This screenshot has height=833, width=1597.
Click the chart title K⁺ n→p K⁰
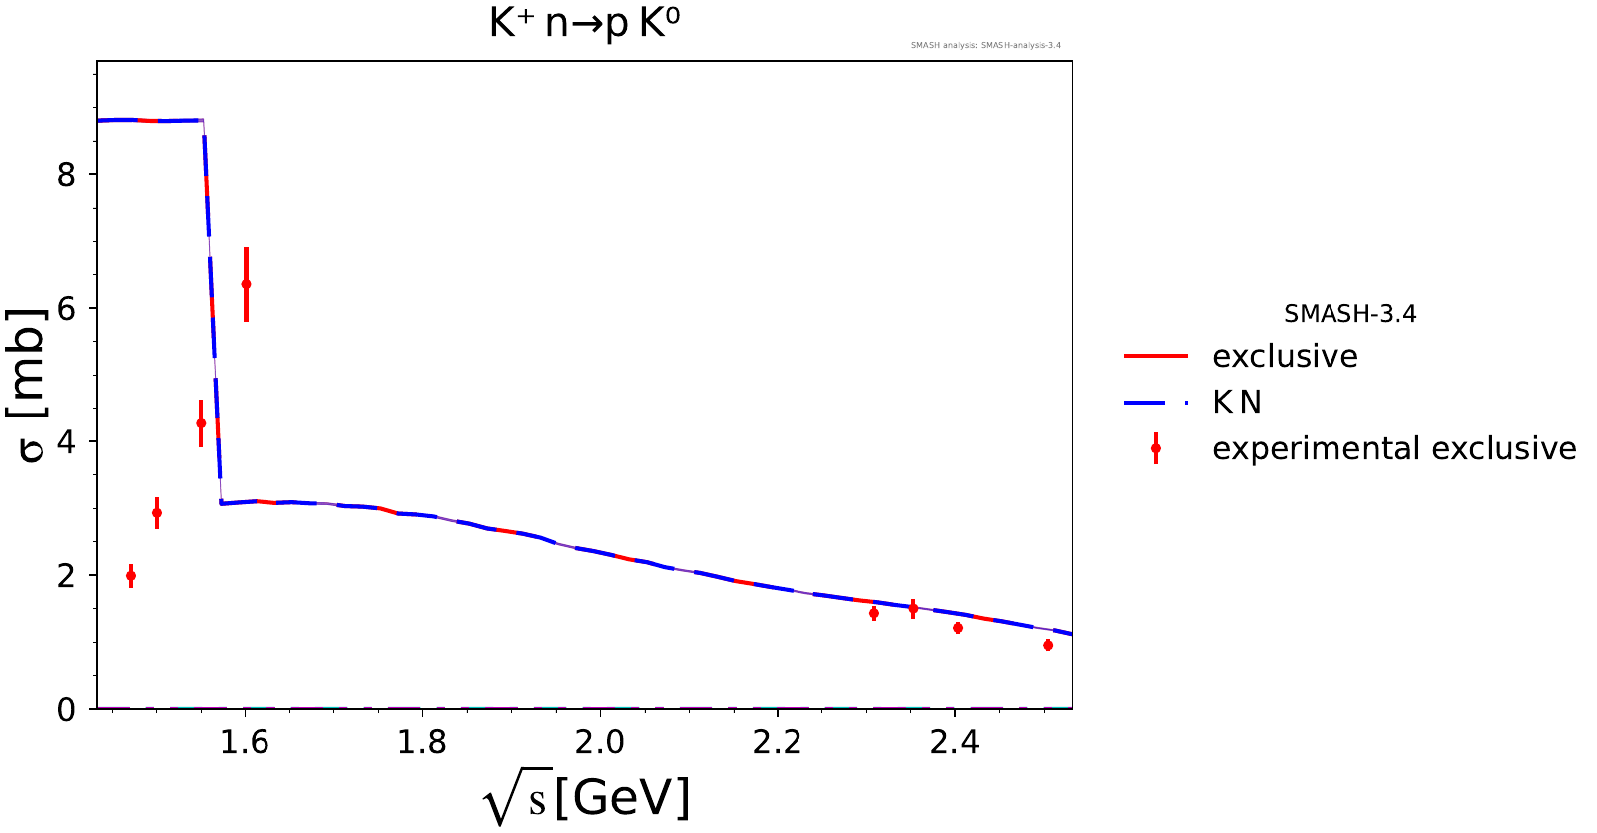[584, 24]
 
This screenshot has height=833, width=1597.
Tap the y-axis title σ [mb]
[26, 386]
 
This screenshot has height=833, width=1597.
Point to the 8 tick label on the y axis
[66, 174]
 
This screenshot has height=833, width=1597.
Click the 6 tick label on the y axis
[66, 308]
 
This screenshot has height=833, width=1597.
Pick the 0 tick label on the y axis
[66, 709]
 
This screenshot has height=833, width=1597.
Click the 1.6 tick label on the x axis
[245, 743]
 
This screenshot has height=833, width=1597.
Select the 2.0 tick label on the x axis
[600, 743]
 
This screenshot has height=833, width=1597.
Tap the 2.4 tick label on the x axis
[954, 743]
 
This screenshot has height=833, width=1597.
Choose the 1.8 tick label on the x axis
[422, 743]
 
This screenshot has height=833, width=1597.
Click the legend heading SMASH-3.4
[1350, 313]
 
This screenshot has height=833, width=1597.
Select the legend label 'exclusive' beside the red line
[1286, 356]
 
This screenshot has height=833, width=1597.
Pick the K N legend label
[1237, 403]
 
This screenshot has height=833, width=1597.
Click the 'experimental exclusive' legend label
[1394, 448]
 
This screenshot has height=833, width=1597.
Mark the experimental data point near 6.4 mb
[246, 284]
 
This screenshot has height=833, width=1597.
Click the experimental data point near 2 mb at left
[131, 576]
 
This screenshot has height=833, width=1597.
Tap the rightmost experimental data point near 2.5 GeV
[1048, 645]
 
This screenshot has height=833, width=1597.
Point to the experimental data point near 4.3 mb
[201, 423]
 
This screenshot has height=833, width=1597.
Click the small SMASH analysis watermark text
[986, 45]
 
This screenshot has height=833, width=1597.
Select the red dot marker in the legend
[1156, 448]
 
